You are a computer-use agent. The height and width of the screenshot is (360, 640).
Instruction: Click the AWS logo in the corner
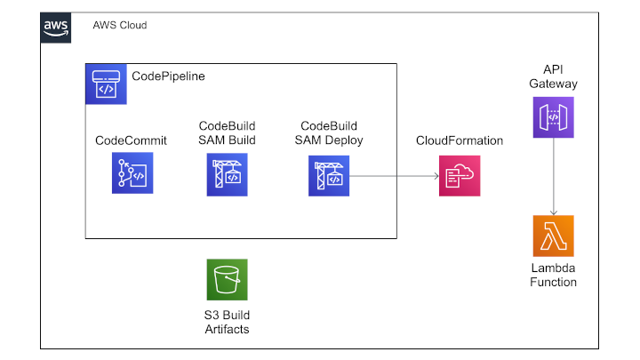point(55,28)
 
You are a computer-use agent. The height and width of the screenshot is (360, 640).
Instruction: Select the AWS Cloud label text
point(120,25)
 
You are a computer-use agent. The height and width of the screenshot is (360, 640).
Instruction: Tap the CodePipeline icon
point(106,84)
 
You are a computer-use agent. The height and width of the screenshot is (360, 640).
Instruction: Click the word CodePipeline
point(168,76)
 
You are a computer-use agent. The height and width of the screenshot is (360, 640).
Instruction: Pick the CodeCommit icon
point(132,173)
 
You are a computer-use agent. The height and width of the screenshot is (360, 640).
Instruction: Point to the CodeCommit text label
point(131,140)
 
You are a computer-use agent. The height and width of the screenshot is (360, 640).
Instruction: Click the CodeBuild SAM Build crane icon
point(227,175)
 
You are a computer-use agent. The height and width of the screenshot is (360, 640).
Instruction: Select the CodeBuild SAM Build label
point(227,133)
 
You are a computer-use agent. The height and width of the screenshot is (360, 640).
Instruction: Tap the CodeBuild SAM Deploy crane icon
point(329,176)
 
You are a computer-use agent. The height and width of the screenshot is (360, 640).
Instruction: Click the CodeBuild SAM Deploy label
point(329,133)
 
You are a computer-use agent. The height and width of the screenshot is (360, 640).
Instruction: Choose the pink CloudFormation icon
point(460,176)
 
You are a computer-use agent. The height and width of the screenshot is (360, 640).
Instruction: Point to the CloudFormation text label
point(460,140)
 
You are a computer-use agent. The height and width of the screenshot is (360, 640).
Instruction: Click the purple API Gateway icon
point(554,117)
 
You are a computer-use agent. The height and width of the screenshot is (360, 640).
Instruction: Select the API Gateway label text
point(554,76)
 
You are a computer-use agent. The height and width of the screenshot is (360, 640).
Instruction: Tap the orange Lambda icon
point(554,236)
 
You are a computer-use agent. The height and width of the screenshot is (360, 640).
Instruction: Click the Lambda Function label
point(554,275)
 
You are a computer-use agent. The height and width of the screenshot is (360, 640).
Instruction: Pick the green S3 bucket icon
point(227,280)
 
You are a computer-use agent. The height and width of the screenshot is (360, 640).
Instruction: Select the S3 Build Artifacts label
point(227,322)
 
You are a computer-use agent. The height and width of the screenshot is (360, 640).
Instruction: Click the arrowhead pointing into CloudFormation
point(436,176)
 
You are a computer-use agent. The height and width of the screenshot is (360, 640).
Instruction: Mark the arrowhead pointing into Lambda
point(554,213)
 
